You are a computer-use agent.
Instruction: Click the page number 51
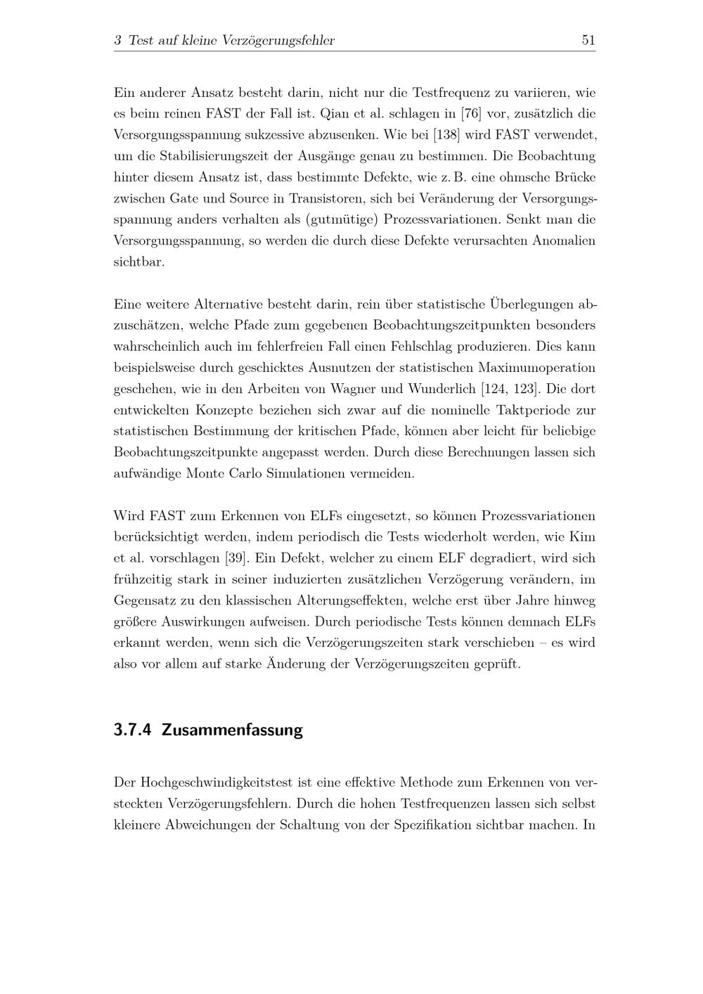(x=588, y=41)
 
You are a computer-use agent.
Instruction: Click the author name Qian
(x=335, y=113)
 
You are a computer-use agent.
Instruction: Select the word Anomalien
(x=564, y=240)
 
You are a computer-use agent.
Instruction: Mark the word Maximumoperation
(x=536, y=368)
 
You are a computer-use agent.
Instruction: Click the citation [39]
(x=234, y=558)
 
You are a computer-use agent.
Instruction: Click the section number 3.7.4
(x=132, y=730)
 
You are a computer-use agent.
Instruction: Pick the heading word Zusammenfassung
(x=232, y=730)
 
